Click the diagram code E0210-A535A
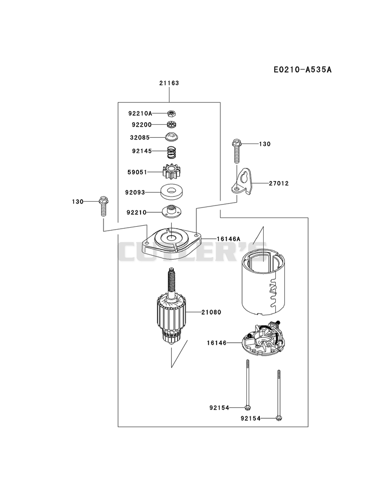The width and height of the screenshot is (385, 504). coord(302,69)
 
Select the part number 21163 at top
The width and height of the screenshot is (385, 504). coord(169,83)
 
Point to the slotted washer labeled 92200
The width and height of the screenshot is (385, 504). coord(172,124)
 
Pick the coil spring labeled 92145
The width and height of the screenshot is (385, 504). coord(172,152)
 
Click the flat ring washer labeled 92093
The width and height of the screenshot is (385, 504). coord(172,193)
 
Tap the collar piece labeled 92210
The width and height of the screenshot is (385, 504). coord(172,210)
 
